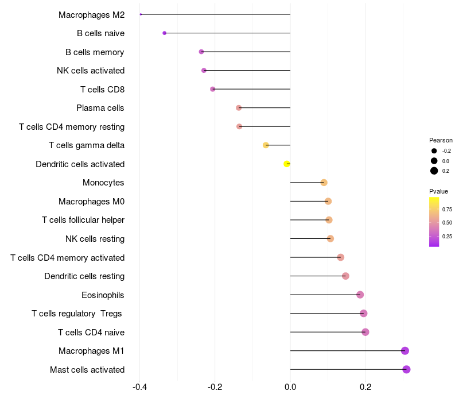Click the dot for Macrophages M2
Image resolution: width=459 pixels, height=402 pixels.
pyautogui.click(x=141, y=14)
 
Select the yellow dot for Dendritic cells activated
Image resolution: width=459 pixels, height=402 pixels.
pyautogui.click(x=287, y=164)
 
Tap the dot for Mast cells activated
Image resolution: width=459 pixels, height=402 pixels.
pyautogui.click(x=406, y=369)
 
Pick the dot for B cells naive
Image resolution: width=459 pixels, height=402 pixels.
pyautogui.click(x=165, y=33)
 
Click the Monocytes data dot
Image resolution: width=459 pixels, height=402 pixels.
pyautogui.click(x=324, y=183)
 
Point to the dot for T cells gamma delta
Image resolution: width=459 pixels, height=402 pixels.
pyautogui.click(x=266, y=145)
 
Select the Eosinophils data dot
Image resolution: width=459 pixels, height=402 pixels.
pyautogui.click(x=360, y=295)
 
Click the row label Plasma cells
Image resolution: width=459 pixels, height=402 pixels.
pyautogui.click(x=100, y=108)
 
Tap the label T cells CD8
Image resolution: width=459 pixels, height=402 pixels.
pyautogui.click(x=102, y=90)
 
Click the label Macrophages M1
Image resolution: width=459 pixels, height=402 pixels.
pyautogui.click(x=91, y=351)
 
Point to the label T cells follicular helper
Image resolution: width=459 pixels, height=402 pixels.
pyautogui.click(x=83, y=220)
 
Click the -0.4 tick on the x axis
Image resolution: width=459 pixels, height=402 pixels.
pyautogui.click(x=139, y=387)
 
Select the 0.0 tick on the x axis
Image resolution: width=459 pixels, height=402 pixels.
pyautogui.click(x=290, y=387)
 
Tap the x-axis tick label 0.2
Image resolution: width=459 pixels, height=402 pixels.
pyautogui.click(x=365, y=387)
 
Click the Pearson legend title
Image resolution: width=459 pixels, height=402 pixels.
pyautogui.click(x=441, y=140)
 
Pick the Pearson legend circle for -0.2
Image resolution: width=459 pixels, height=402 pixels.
pyautogui.click(x=434, y=151)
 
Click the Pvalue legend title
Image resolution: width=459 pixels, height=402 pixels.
pyautogui.click(x=438, y=191)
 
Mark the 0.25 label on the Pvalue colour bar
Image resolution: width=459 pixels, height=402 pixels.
pyautogui.click(x=447, y=236)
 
